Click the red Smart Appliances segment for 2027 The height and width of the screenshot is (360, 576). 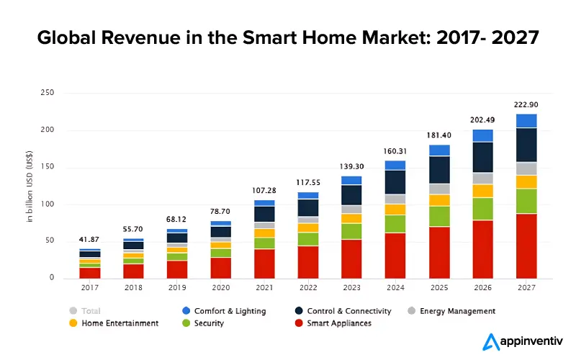click(x=526, y=246)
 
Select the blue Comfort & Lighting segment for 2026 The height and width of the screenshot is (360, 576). click(x=482, y=135)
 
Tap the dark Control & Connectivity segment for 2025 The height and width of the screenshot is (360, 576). click(x=439, y=169)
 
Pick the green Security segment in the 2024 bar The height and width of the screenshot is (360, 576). click(x=395, y=223)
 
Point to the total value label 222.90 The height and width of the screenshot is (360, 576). click(x=526, y=104)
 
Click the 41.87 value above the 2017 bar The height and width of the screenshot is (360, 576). click(x=90, y=239)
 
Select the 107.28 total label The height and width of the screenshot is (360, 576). click(x=264, y=190)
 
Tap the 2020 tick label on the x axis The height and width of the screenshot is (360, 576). click(x=221, y=288)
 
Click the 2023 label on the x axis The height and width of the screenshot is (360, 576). click(x=351, y=288)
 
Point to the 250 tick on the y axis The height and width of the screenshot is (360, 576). click(x=48, y=94)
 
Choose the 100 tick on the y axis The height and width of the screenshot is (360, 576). click(x=48, y=204)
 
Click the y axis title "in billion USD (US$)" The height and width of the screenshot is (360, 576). click(x=30, y=185)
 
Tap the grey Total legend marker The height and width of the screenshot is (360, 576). click(x=73, y=311)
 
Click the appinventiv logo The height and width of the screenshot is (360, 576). click(x=521, y=341)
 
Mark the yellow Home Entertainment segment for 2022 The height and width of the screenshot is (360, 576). click(x=308, y=228)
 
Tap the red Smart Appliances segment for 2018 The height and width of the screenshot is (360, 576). click(x=134, y=271)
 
